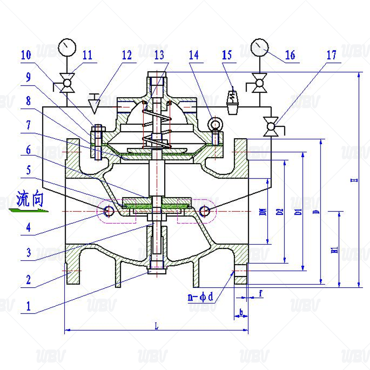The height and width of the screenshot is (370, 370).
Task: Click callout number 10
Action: click(x=26, y=55)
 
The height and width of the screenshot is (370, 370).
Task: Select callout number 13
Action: click(x=159, y=55)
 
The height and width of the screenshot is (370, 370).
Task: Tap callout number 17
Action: click(x=331, y=55)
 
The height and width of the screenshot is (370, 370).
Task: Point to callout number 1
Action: click(x=29, y=306)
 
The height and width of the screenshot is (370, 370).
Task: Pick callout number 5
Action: click(x=29, y=170)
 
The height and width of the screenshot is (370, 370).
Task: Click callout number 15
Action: click(x=227, y=55)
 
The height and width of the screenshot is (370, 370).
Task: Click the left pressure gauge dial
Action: click(x=67, y=47)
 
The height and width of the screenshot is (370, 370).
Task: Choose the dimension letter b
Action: click(x=240, y=313)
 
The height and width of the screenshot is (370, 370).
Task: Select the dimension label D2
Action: click(x=279, y=212)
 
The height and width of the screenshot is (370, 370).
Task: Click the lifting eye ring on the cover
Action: click(x=215, y=123)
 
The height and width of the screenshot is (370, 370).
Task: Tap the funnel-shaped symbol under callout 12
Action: click(x=95, y=105)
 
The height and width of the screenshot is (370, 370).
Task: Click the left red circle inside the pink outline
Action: click(x=109, y=211)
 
